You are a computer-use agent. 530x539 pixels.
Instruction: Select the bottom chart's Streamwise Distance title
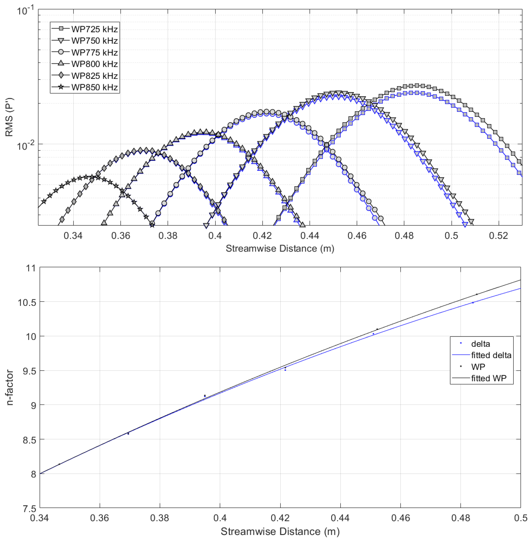pyautogui.click(x=280, y=532)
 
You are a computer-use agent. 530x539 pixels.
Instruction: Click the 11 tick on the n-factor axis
pyautogui.click(x=31, y=268)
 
